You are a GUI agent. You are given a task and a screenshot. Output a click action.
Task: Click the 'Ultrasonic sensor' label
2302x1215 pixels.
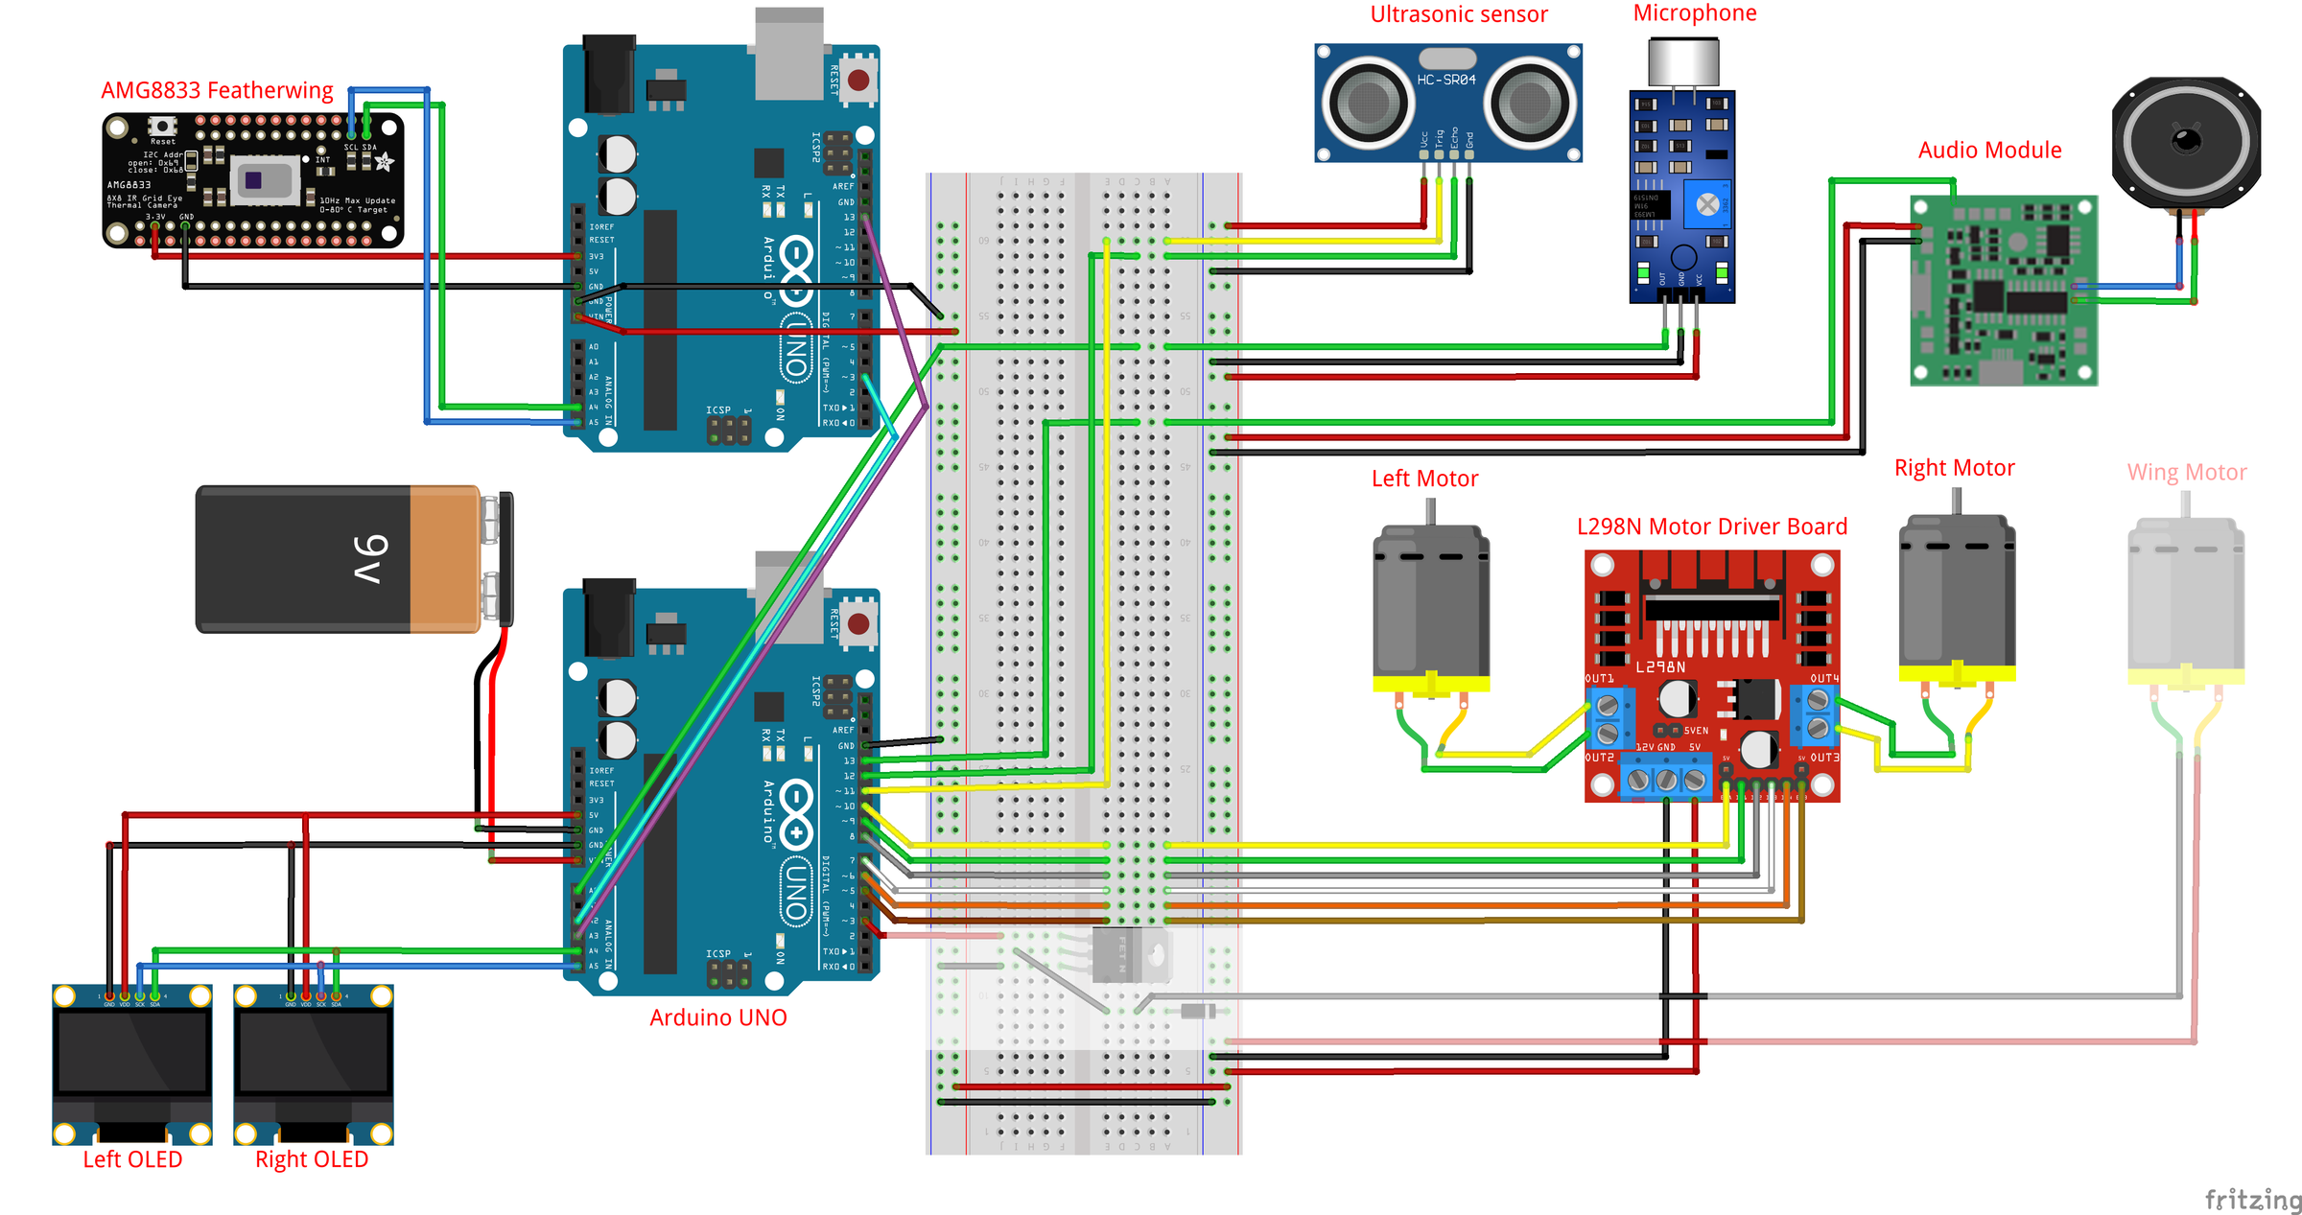[x=1458, y=14]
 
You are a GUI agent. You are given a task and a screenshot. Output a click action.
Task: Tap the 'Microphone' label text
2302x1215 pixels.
[x=1695, y=13]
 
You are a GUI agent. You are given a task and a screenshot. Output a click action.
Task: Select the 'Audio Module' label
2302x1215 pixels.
[x=1989, y=151]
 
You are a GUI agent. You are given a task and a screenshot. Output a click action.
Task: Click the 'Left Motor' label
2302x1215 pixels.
[x=1424, y=479]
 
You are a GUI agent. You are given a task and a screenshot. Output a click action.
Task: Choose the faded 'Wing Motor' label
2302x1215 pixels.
[x=2186, y=473]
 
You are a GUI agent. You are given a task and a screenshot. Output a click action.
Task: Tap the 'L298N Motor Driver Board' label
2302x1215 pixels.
[x=1711, y=526]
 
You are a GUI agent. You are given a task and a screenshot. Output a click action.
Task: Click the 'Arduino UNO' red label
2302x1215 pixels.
[x=717, y=1017]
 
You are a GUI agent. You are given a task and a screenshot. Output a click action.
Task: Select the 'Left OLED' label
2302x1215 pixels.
[x=132, y=1159]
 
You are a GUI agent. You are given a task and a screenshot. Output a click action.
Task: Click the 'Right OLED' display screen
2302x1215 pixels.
[x=314, y=1053]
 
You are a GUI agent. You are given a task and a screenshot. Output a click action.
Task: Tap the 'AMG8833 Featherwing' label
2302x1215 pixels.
[x=217, y=91]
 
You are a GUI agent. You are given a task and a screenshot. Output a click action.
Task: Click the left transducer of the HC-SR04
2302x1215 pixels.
[x=1368, y=102]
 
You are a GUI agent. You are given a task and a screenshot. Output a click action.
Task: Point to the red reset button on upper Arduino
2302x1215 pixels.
[x=858, y=81]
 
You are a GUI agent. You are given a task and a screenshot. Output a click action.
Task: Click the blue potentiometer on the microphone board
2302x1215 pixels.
[x=1707, y=203]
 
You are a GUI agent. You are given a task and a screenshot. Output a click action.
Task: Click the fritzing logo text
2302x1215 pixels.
[x=2251, y=1199]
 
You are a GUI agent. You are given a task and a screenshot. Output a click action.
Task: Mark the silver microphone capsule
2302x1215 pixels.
[x=1683, y=62]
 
